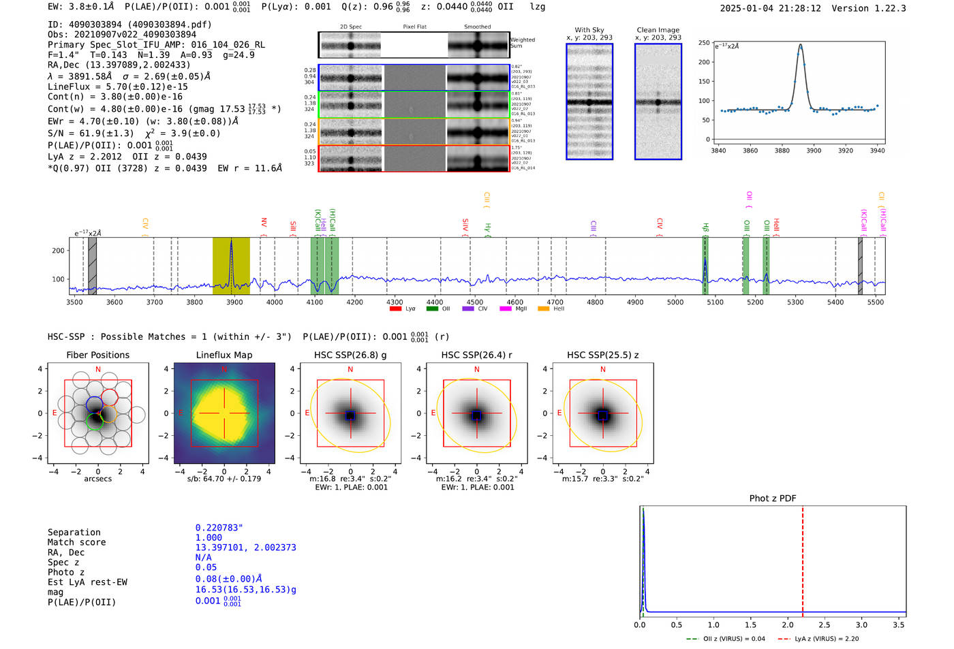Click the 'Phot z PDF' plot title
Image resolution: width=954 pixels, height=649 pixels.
(x=773, y=498)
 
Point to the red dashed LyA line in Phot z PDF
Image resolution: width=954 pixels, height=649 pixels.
(x=803, y=558)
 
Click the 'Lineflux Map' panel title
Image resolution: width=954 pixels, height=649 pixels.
(x=224, y=355)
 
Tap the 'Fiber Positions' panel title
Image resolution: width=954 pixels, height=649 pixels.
(x=97, y=355)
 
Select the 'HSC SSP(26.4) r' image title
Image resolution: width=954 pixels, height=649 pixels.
(x=476, y=355)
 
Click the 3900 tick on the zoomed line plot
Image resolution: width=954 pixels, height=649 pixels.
(x=814, y=151)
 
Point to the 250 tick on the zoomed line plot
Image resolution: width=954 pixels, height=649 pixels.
(x=704, y=43)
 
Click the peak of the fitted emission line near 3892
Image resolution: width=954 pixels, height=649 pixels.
(x=801, y=46)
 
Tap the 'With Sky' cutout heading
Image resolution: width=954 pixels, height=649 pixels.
(x=589, y=30)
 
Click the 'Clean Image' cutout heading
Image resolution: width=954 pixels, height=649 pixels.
(x=658, y=30)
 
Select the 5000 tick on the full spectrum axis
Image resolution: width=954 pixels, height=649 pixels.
(x=675, y=302)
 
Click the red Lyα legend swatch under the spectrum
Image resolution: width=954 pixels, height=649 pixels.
(x=395, y=309)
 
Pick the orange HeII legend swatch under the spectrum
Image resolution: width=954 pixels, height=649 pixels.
(x=543, y=309)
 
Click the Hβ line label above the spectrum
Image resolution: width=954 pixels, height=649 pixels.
(x=706, y=227)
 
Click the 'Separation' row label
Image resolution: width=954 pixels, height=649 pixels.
(x=74, y=533)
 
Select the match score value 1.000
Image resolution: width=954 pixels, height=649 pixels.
(x=209, y=537)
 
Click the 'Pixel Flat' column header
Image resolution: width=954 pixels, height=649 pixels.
(x=414, y=27)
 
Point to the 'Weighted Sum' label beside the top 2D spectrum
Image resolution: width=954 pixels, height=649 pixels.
(x=522, y=43)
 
